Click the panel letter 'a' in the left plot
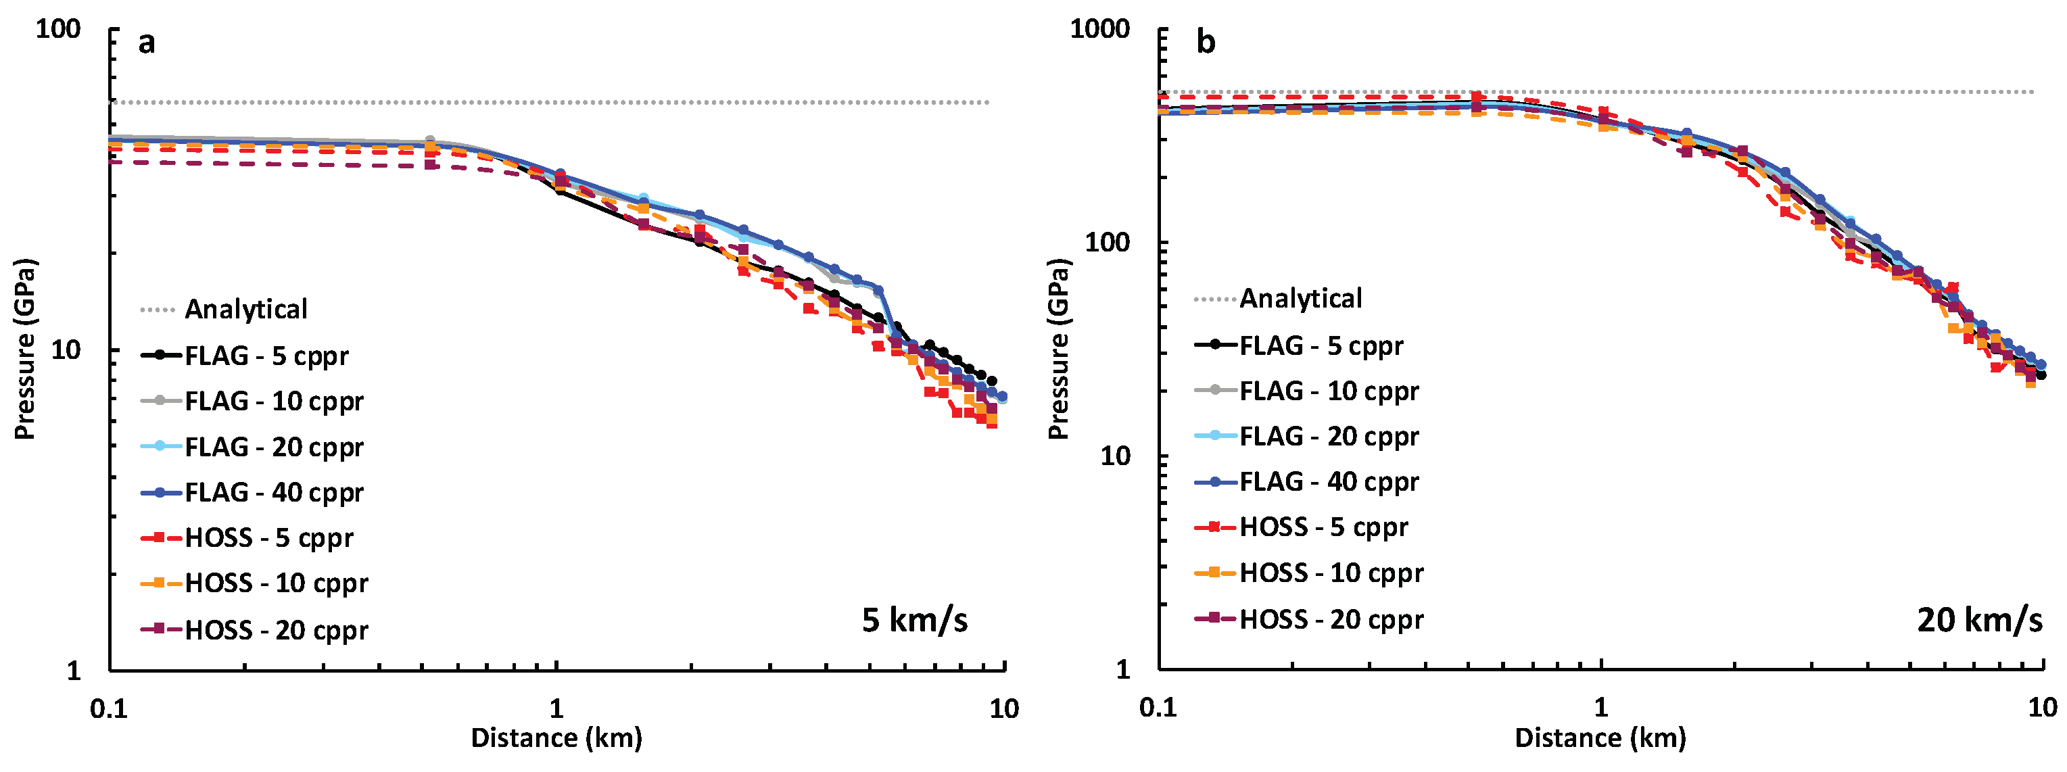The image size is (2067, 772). pos(146,42)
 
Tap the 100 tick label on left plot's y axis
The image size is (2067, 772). pos(57,30)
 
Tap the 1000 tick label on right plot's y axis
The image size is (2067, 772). pos(1099,30)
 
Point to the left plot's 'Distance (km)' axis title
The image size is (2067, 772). pos(556,738)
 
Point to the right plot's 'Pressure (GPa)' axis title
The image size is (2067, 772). pos(1058,349)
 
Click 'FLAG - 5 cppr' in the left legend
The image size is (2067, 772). pos(266,356)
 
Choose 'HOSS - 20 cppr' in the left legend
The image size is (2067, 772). pos(276,630)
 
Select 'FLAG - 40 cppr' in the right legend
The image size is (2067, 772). pos(1329,481)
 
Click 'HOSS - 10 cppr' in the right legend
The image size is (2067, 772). pos(1331,573)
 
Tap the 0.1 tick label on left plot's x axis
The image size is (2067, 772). pos(109,708)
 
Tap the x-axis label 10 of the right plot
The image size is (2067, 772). pos(2043,707)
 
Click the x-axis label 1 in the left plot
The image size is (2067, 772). pos(556,708)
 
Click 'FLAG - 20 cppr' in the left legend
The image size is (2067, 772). pos(274,447)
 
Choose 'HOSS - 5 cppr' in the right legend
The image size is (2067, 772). pos(1323,527)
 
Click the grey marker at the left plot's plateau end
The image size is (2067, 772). pos(430,141)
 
